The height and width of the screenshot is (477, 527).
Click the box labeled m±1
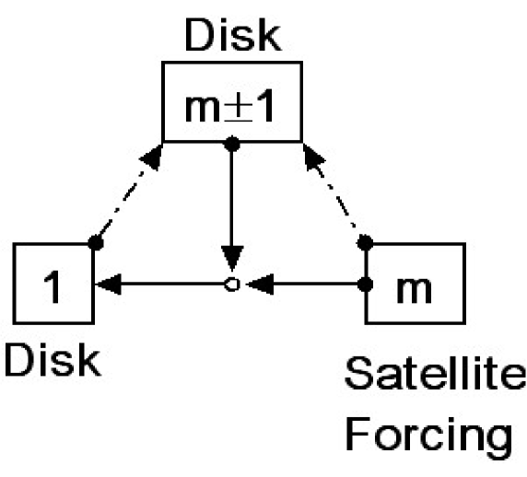pos(232,101)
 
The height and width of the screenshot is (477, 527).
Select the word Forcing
pos(429,432)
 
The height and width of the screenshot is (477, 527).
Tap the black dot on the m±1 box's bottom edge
pos(232,143)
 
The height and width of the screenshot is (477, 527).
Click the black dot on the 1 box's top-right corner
pos(94,243)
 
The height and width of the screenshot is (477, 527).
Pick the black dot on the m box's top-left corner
pos(366,243)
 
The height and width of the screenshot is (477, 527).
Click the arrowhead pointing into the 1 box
pos(106,285)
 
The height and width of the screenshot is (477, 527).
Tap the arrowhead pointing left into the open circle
pos(259,285)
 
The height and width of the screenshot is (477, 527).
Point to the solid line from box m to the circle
pos(313,285)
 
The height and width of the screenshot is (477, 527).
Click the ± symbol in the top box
pos(237,102)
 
